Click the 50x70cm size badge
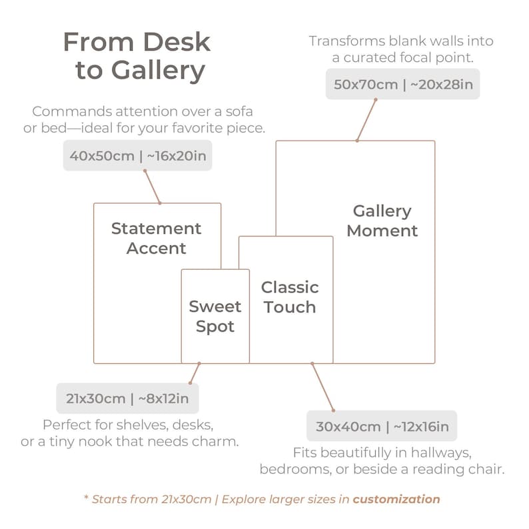402,84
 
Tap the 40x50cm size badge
138,155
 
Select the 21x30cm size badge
127,398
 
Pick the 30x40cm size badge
382,426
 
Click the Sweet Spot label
215,316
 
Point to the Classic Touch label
290,297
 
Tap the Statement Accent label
156,239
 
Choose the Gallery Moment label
382,221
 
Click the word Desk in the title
177,42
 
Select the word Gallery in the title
158,71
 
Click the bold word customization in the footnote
396,499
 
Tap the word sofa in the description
239,111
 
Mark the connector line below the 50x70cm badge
366,120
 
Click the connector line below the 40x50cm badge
153,187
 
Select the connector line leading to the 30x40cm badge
323,387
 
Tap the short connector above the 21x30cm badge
195,373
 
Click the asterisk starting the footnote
86,497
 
